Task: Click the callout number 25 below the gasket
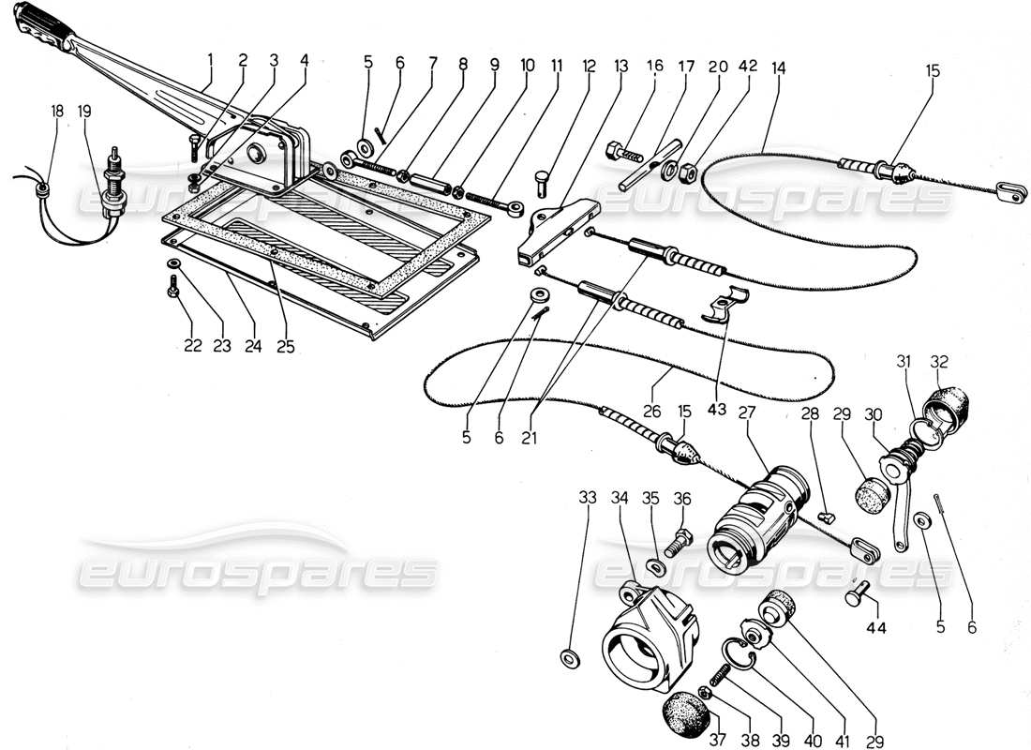(x=285, y=346)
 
